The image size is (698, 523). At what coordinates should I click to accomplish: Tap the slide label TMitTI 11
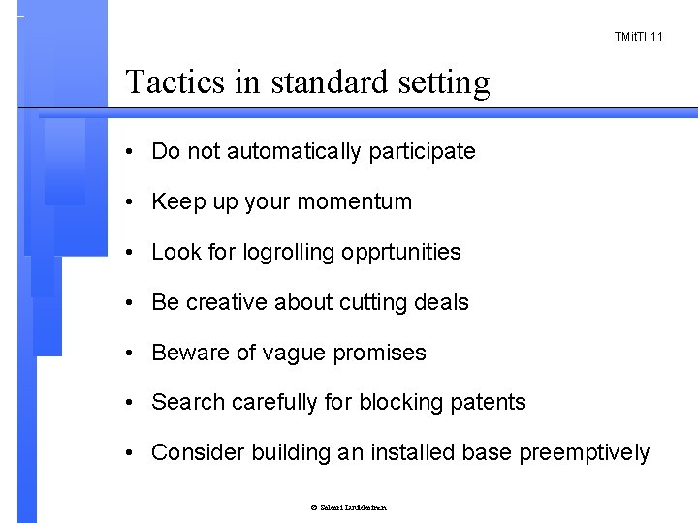click(639, 37)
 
